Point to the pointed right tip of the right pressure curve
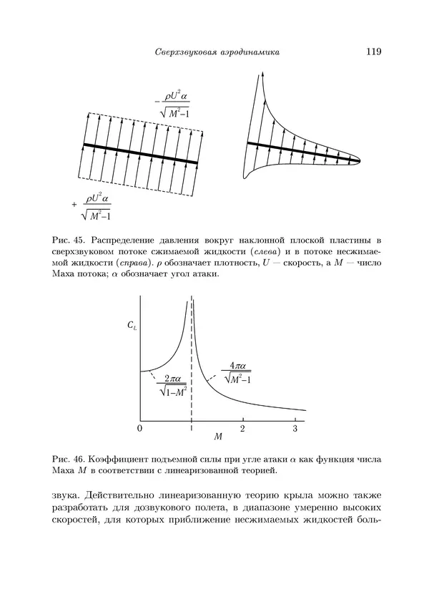[x=358, y=159]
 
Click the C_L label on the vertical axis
[x=132, y=326]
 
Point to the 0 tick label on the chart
[x=139, y=428]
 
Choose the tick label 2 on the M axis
[x=242, y=428]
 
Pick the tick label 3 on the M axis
[x=295, y=428]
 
